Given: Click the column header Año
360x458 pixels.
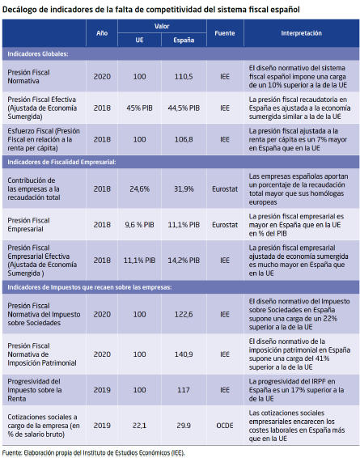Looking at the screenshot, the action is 102,33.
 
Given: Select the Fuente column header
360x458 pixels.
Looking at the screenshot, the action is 225,33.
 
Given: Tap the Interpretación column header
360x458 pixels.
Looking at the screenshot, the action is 301,33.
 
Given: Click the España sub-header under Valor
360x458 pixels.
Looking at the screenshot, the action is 184,40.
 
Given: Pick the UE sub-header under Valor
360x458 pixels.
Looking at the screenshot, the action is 139,40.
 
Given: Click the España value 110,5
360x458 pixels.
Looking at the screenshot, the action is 184,77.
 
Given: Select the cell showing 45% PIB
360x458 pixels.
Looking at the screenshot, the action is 139,108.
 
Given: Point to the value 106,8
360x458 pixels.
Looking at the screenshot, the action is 184,139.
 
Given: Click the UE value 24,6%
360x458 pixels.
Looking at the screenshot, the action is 139,189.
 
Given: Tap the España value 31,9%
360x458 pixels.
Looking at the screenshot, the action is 184,189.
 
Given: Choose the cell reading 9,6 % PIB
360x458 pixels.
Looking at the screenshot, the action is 139,225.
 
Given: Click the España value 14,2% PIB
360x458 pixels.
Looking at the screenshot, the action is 184,261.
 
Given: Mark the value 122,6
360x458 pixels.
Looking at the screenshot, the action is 184,314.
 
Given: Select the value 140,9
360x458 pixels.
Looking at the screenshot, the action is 184,354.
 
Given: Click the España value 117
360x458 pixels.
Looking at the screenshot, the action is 184,390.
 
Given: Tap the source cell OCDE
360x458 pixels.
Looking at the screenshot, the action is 225,426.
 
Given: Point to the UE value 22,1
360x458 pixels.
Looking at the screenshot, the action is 139,426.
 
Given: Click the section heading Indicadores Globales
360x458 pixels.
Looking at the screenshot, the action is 38,54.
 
